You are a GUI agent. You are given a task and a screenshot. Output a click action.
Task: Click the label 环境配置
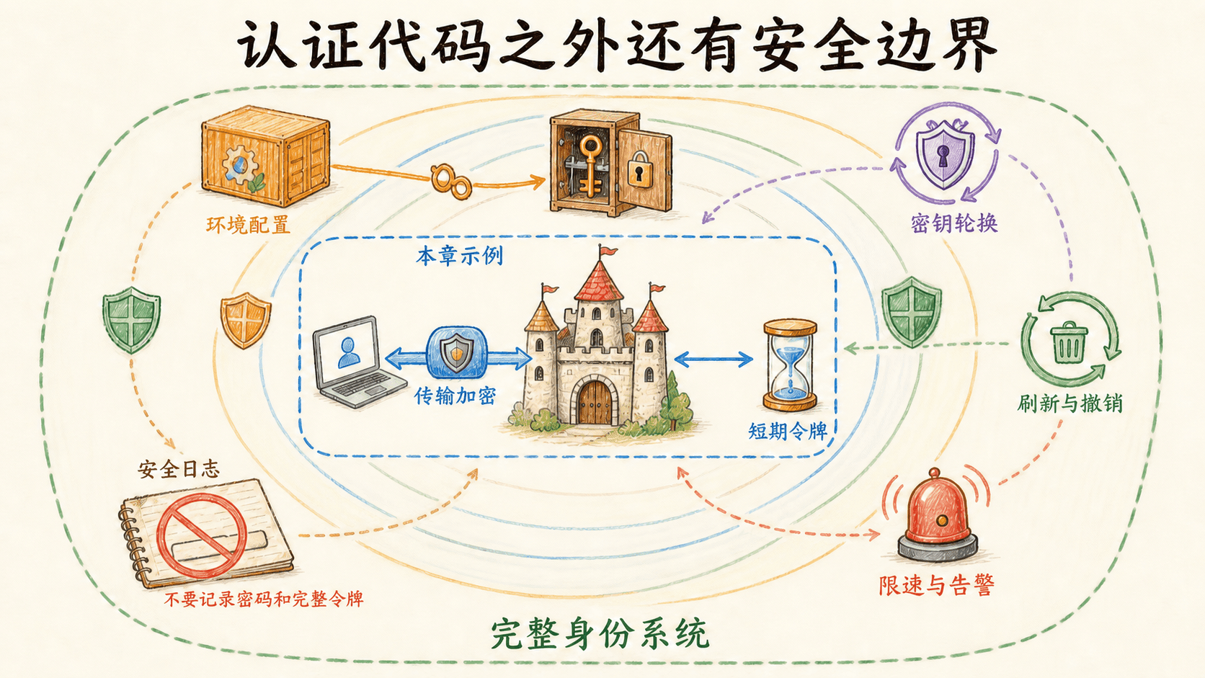pyautogui.click(x=248, y=225)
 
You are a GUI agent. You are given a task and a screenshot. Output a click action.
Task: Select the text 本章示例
pyautogui.click(x=459, y=257)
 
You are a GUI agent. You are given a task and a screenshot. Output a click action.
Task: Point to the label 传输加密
pyautogui.click(x=455, y=396)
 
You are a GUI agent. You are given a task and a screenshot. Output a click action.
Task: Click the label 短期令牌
pyautogui.click(x=788, y=431)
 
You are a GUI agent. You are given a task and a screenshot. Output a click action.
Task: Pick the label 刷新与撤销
pyautogui.click(x=1070, y=403)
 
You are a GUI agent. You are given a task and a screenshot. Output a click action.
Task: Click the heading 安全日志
pyautogui.click(x=179, y=469)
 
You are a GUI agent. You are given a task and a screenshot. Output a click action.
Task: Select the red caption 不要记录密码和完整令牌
pyautogui.click(x=264, y=599)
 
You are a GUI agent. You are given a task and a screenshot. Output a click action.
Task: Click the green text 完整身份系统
pyautogui.click(x=600, y=635)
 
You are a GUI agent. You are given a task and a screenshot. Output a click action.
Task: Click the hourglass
pyautogui.click(x=791, y=365)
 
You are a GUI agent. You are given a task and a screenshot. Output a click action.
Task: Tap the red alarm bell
pyautogui.click(x=938, y=515)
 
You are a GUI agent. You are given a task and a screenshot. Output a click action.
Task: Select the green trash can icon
pyautogui.click(x=1069, y=342)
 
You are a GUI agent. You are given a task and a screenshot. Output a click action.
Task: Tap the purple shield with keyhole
pyautogui.click(x=945, y=153)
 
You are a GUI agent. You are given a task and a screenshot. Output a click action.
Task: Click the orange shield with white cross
pyautogui.click(x=245, y=320)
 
